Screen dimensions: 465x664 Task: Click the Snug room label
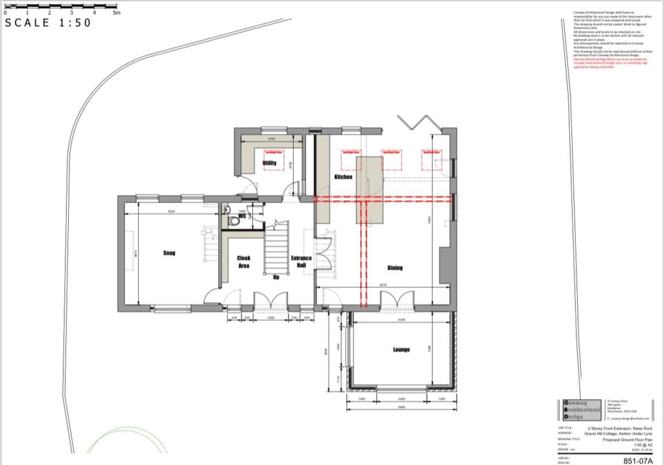[x=169, y=253]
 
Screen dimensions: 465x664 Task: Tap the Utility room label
[x=270, y=163]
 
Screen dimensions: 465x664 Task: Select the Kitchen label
[x=343, y=177]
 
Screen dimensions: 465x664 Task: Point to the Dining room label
[x=395, y=267]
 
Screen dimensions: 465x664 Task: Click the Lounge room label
[x=401, y=350]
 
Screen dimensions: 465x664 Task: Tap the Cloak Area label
[x=244, y=262]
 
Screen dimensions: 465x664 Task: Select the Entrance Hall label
[x=302, y=262]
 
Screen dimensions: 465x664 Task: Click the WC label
[x=242, y=216]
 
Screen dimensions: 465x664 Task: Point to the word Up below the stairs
[x=276, y=277]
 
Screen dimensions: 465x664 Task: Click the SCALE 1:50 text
[x=49, y=23]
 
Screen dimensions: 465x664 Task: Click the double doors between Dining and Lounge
[x=397, y=301]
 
